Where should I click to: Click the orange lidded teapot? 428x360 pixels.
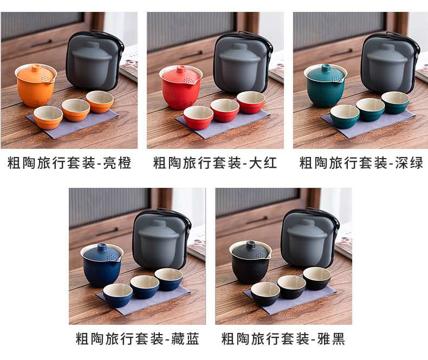coord(36,87)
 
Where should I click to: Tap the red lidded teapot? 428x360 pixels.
coord(181,87)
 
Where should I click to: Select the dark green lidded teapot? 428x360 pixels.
coord(326,87)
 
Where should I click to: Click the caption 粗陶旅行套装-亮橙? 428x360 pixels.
coord(69,163)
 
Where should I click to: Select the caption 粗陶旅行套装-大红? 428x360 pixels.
coord(215,163)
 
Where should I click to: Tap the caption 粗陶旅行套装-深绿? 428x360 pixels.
coord(361,163)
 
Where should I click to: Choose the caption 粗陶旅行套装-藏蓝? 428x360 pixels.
coord(138,339)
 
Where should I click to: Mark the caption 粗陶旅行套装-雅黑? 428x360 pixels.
coord(283,339)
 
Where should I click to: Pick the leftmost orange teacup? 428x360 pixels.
coord(48,117)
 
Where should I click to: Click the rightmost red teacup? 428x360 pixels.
coord(250,102)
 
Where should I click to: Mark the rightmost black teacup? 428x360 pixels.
coord(317,278)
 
